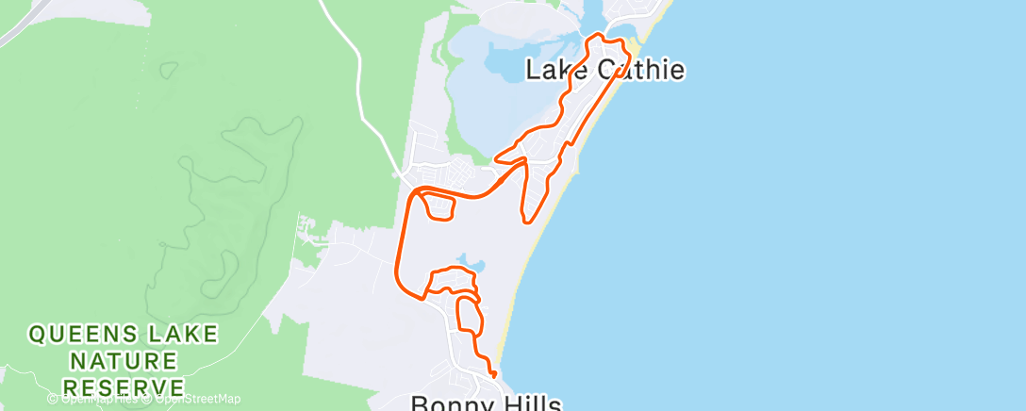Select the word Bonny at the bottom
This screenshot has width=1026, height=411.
(446, 403)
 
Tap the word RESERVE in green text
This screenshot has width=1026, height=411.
(123, 386)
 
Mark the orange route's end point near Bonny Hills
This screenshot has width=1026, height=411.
(494, 375)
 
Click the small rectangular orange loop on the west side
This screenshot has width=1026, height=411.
(437, 205)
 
